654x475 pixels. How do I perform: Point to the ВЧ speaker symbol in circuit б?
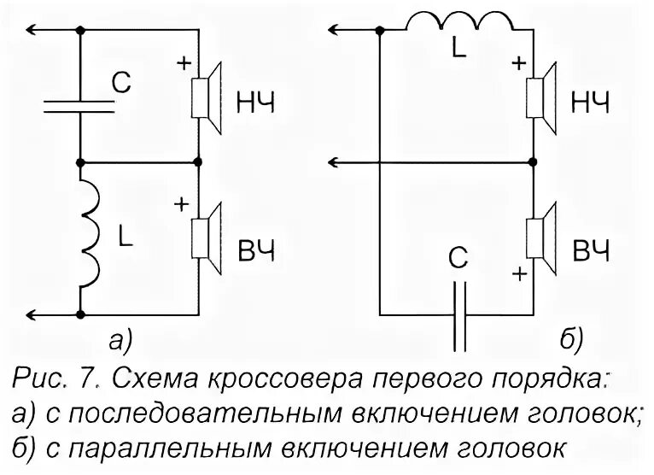540,236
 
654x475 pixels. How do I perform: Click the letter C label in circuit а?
122,83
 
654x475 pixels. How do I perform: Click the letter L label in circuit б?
458,50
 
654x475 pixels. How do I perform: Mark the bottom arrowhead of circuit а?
30,314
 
